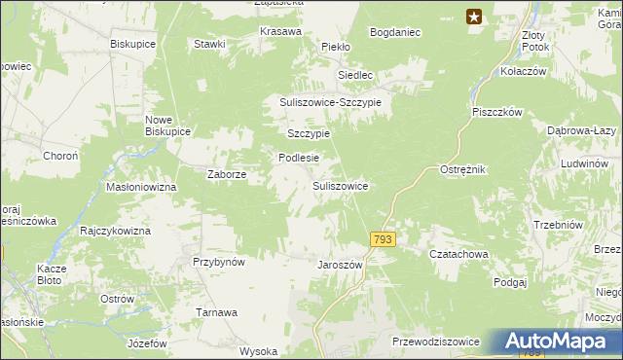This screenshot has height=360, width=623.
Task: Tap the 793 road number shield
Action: click(383, 239)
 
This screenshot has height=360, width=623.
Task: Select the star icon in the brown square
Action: click(474, 16)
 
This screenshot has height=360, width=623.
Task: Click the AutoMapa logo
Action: click(563, 342)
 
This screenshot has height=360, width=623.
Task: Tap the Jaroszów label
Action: click(340, 265)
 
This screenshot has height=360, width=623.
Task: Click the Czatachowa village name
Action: click(458, 254)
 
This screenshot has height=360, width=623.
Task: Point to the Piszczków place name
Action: click(498, 112)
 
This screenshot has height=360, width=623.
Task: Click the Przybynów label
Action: click(218, 262)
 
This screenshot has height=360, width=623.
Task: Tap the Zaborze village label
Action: click(227, 175)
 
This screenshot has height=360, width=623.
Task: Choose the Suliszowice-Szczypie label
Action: click(332, 102)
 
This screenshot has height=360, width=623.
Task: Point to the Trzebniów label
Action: click(558, 225)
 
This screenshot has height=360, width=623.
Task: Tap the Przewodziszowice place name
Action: click(435, 342)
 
